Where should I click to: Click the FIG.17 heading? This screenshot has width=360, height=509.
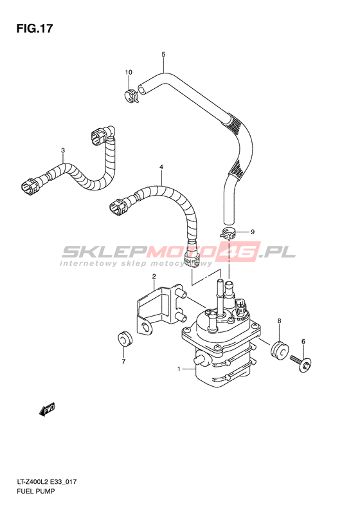click(34, 28)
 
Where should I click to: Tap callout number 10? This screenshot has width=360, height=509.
click(129, 72)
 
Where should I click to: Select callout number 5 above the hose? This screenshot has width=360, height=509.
click(163, 54)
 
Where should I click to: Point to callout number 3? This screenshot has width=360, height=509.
click(63, 151)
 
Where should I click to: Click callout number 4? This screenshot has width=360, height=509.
click(161, 167)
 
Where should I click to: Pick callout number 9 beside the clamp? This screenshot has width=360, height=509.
click(253, 232)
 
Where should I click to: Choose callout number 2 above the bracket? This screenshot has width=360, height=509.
click(154, 277)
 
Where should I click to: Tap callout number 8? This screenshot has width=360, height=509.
click(279, 321)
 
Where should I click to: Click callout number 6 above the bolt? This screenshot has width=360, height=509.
click(303, 341)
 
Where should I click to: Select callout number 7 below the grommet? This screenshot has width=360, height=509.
click(123, 362)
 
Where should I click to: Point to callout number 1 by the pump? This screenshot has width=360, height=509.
click(179, 369)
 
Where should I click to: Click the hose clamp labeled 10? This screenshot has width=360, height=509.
click(131, 96)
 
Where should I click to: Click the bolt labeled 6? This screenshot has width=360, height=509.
click(301, 364)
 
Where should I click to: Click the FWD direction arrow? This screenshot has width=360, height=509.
click(47, 409)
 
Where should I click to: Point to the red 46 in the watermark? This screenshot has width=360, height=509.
click(239, 251)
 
